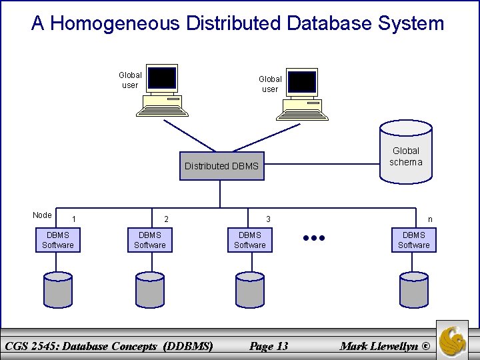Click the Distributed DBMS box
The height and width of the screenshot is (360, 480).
tap(221, 166)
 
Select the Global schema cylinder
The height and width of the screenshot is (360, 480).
tap(405, 152)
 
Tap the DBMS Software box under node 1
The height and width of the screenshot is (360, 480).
tap(58, 240)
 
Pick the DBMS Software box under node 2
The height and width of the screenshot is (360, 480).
tap(150, 240)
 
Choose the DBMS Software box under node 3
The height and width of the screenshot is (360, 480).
tap(250, 240)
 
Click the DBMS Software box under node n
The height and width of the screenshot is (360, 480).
tap(414, 240)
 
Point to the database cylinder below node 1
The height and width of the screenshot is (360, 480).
tap(58, 288)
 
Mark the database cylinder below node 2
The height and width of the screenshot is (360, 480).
tap(150, 288)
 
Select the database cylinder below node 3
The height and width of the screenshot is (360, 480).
tap(250, 288)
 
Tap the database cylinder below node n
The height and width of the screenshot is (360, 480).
tap(414, 288)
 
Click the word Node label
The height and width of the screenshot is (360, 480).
tap(42, 215)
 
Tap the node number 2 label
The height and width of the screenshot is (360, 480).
tap(167, 219)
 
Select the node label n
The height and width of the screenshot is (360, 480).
tap(430, 219)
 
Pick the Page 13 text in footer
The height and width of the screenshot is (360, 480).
tap(269, 345)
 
